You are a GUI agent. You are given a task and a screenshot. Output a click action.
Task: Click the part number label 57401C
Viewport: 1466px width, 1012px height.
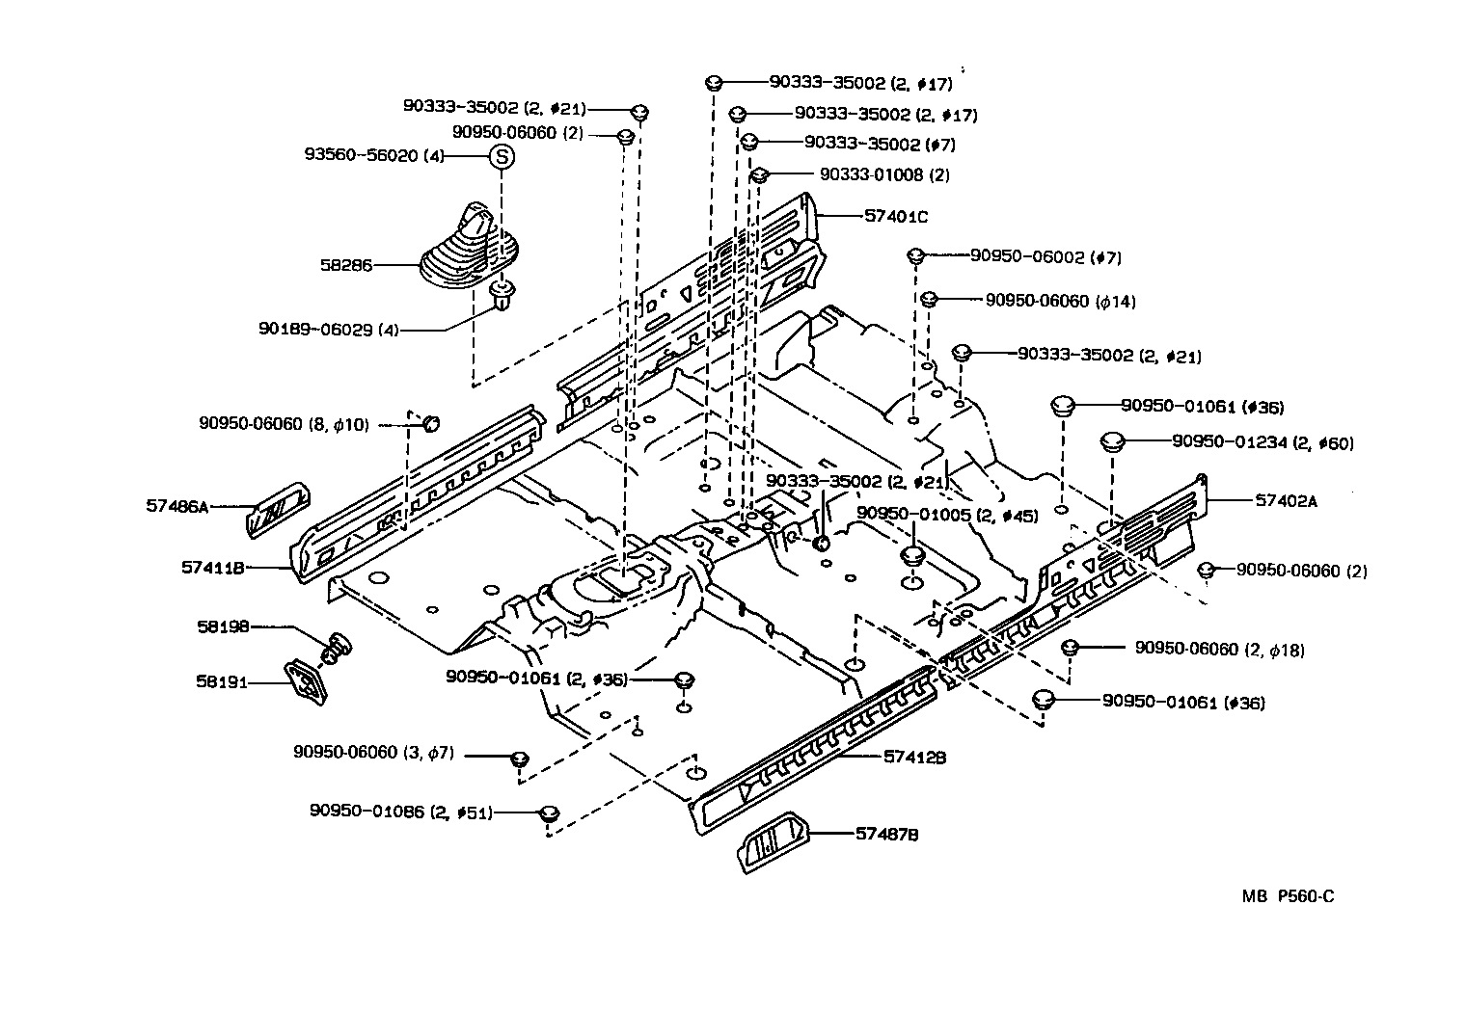(896, 217)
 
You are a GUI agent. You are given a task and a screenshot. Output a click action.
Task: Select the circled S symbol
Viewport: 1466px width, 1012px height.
(502, 156)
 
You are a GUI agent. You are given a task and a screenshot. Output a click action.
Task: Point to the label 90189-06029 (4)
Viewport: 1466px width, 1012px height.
(328, 329)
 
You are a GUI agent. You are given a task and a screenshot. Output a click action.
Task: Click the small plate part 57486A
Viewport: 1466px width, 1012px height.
(280, 507)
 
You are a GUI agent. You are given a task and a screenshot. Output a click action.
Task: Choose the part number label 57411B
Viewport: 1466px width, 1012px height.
(212, 568)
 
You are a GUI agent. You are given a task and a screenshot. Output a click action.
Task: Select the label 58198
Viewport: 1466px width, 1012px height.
(223, 626)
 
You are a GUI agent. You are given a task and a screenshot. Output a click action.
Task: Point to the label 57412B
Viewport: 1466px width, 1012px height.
(914, 758)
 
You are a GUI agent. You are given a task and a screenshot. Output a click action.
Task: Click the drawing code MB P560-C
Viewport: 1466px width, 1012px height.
(1288, 896)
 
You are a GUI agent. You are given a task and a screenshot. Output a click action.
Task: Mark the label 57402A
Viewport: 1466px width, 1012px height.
(1287, 500)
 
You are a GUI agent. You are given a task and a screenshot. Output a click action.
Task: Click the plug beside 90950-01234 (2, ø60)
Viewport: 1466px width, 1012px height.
(1114, 442)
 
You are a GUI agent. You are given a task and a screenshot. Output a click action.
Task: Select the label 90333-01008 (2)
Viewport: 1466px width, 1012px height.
(884, 174)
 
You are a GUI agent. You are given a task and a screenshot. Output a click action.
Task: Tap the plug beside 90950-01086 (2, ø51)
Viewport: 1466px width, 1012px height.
(549, 812)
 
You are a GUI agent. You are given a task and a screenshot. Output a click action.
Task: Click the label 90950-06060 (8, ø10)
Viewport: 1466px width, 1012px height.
(284, 423)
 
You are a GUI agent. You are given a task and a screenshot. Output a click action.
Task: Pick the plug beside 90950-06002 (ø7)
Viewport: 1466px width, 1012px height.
(916, 256)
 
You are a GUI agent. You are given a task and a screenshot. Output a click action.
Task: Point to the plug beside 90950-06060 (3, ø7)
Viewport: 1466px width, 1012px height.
(518, 758)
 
